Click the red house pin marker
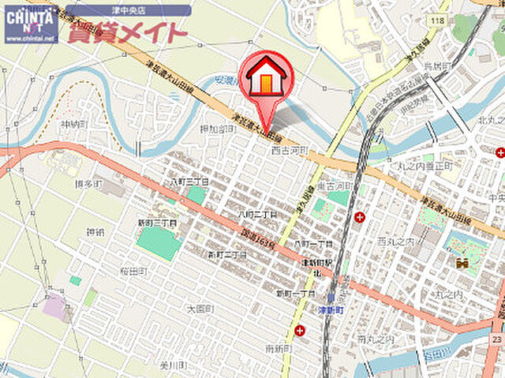(x=265, y=78)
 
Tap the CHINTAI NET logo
(x=31, y=24)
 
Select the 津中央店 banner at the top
(x=128, y=10)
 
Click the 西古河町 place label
(x=288, y=150)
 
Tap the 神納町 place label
(x=73, y=125)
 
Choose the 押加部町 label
(x=218, y=128)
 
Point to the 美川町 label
(x=171, y=365)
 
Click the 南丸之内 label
(x=375, y=339)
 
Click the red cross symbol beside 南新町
(x=301, y=331)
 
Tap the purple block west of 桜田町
(x=55, y=306)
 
